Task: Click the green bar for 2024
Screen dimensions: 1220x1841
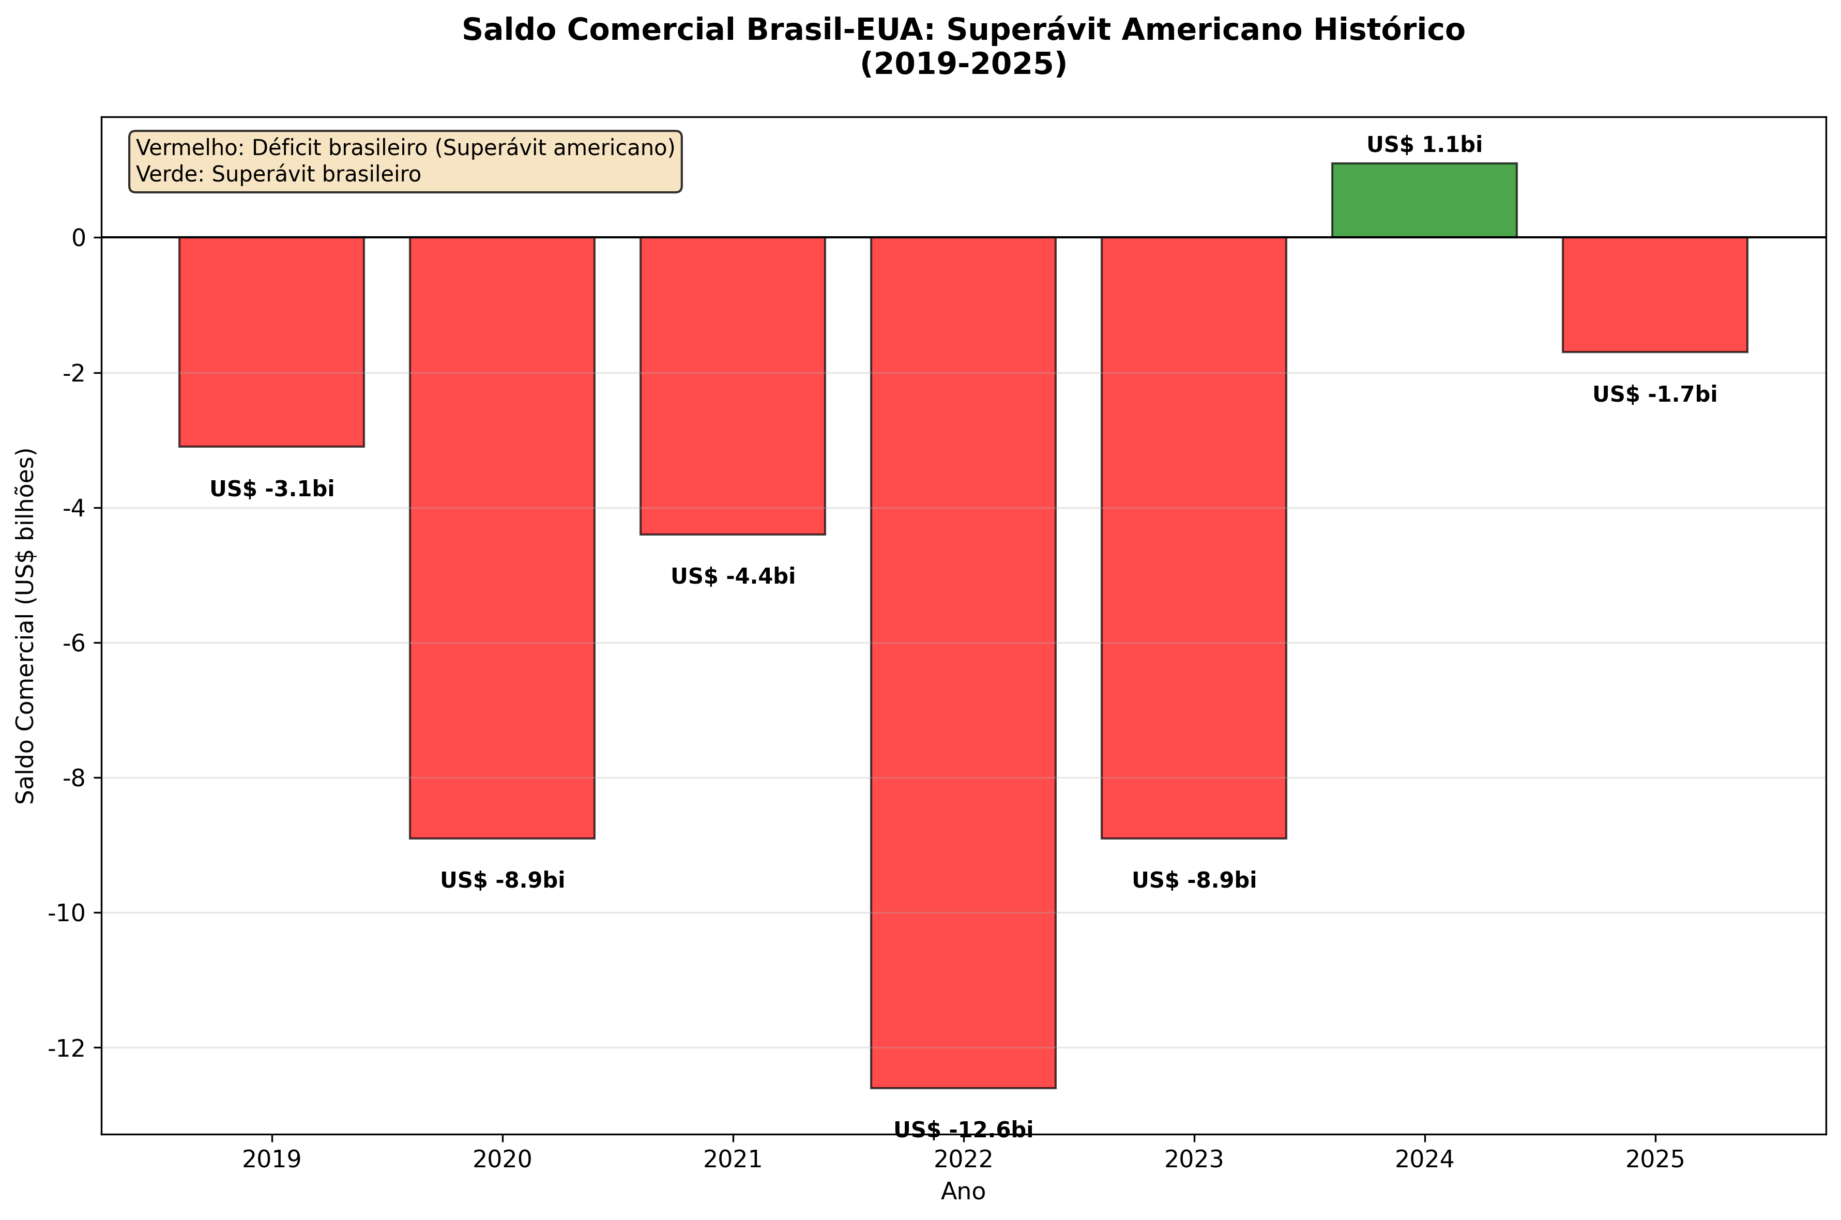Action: click(1423, 200)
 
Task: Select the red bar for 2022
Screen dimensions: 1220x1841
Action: click(963, 661)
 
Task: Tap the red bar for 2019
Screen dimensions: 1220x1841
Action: click(271, 342)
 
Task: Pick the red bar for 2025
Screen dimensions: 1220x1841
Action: click(1654, 294)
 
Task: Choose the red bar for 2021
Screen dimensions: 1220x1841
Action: click(732, 385)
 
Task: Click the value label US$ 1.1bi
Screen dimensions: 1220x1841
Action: click(1424, 145)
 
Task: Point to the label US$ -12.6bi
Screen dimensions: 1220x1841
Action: click(963, 1130)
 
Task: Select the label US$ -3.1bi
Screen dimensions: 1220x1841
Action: click(271, 490)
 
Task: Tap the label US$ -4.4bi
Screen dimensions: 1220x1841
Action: click(732, 576)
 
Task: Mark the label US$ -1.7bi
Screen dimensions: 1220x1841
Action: click(1654, 394)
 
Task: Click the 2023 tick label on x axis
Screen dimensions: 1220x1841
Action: click(1194, 1160)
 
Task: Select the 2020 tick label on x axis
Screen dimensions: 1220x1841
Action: click(502, 1160)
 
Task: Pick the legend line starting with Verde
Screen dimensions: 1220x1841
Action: click(278, 174)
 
